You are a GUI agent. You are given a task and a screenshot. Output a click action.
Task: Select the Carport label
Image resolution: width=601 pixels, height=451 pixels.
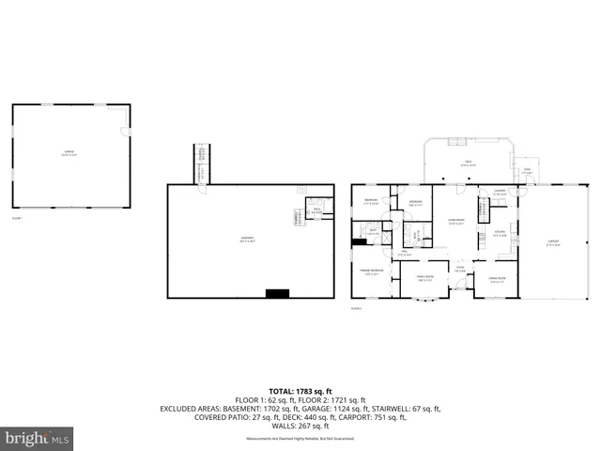(554, 242)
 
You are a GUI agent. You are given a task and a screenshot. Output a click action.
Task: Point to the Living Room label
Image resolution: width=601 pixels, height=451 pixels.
(455, 223)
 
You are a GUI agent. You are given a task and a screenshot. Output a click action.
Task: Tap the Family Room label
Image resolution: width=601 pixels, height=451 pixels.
(424, 277)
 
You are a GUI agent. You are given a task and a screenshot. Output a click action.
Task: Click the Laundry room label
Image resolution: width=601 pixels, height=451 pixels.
(501, 194)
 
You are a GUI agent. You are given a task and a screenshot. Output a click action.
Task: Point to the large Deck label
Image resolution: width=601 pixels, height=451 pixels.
(467, 163)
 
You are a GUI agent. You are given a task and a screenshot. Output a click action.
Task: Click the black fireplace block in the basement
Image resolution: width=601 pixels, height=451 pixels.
(277, 293)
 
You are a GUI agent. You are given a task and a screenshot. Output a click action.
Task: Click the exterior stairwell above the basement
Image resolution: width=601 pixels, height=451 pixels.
(201, 163)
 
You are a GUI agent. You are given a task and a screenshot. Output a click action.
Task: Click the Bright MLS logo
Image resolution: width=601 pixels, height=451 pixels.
(38, 438)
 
